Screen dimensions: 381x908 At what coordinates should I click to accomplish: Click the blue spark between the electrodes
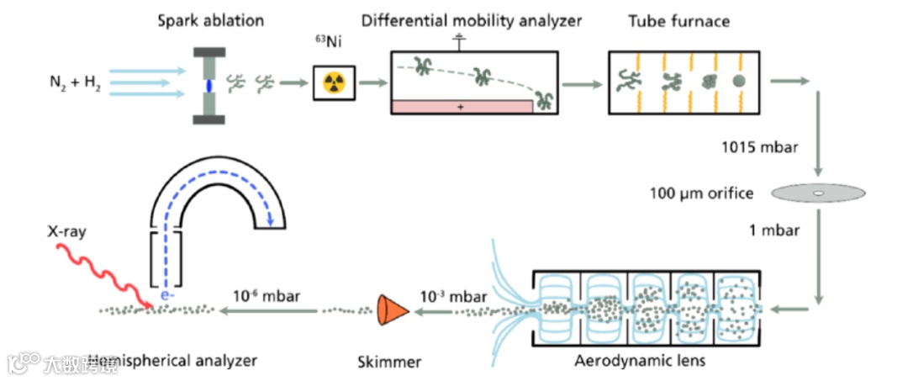coord(209,85)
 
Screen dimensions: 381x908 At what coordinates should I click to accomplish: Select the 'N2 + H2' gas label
coord(75,83)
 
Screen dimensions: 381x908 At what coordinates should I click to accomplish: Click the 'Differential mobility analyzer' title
coord(472,20)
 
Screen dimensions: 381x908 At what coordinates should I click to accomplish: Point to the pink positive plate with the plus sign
coord(461,107)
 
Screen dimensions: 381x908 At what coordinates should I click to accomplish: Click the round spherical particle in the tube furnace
coord(738,82)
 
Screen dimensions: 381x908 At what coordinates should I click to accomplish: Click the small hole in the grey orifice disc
coord(817,195)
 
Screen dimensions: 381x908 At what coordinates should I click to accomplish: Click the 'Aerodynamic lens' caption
coord(640,362)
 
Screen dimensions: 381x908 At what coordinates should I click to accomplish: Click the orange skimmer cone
coord(390,310)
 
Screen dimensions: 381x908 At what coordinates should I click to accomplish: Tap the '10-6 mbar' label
coord(267,295)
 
